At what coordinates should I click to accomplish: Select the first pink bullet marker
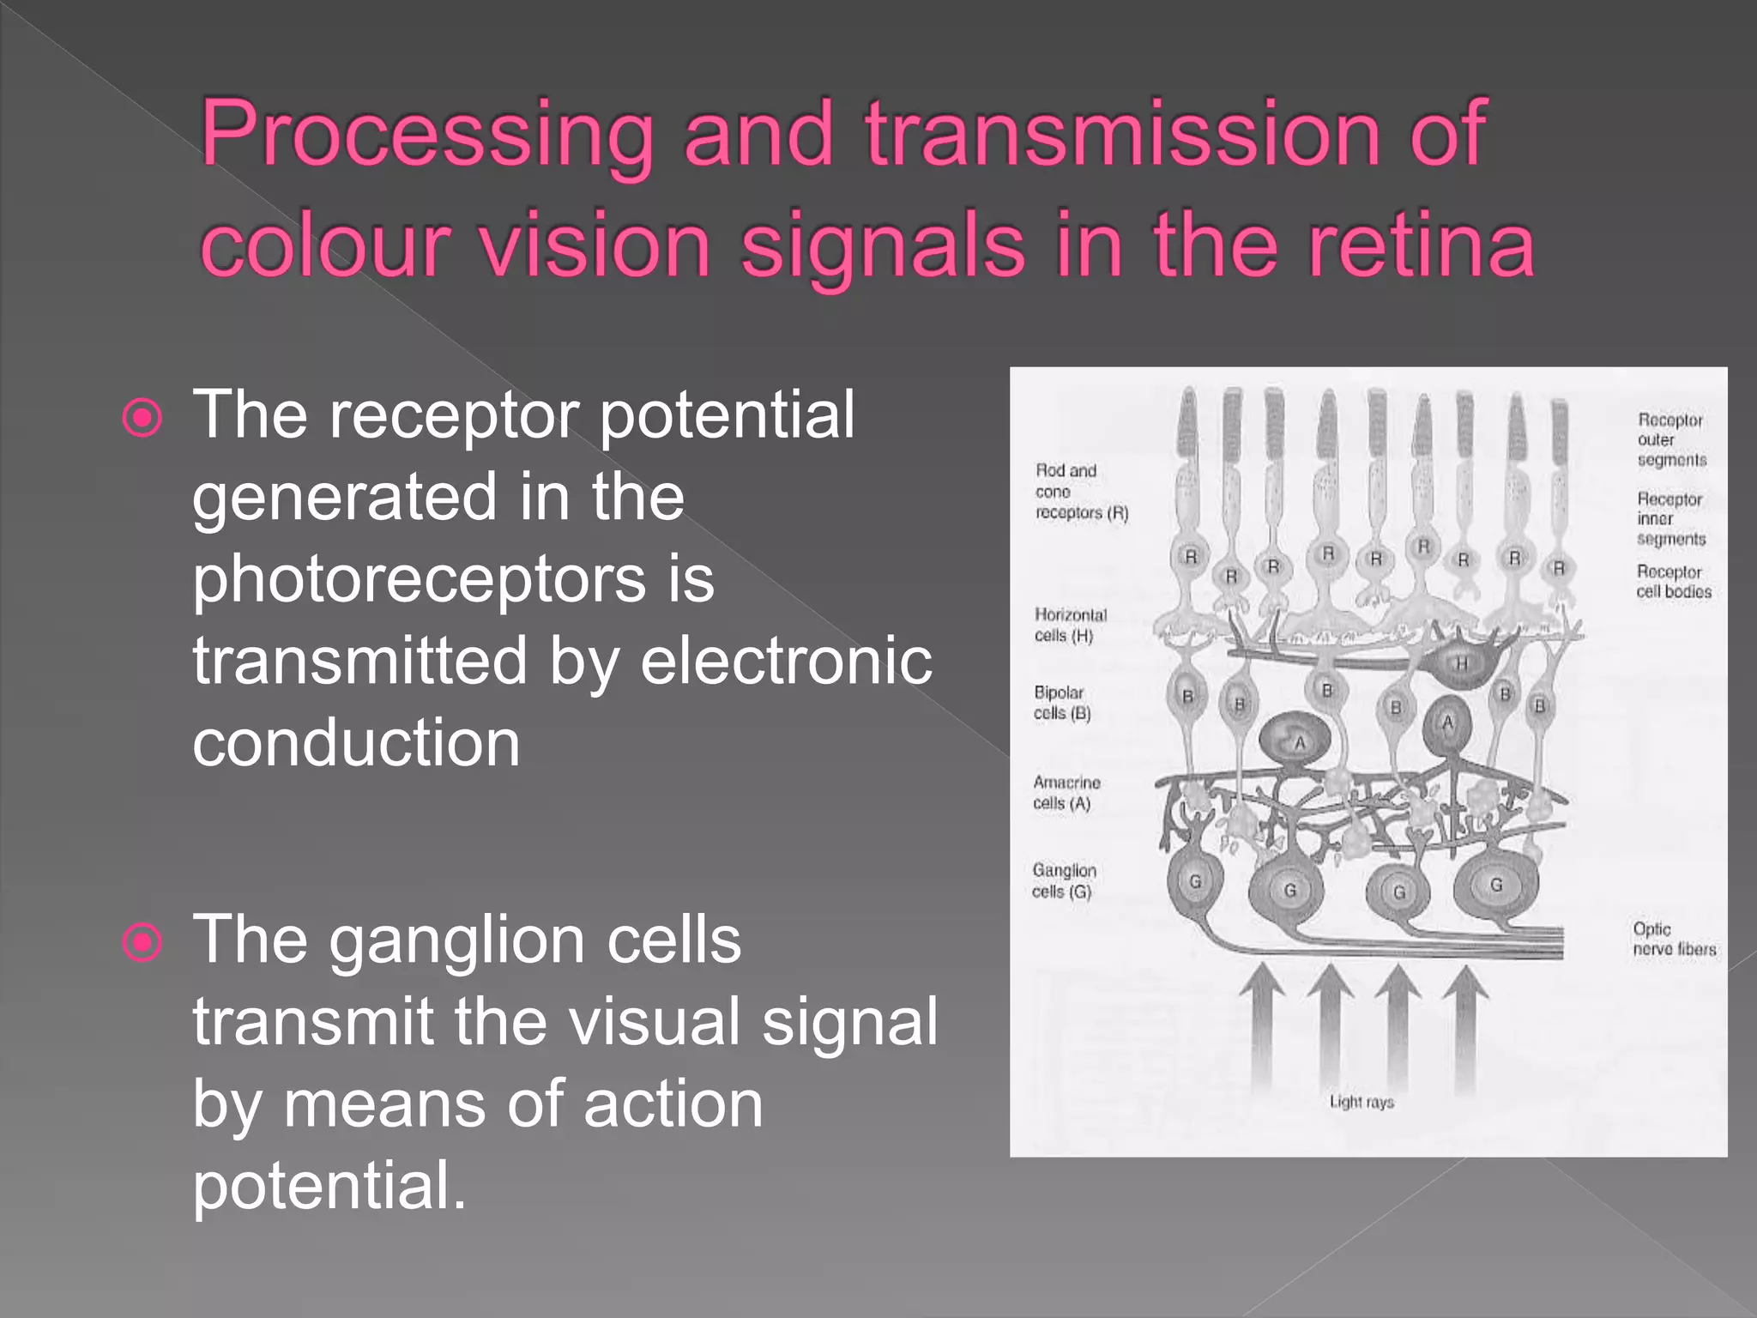[x=142, y=419]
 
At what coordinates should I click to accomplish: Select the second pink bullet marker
[x=142, y=942]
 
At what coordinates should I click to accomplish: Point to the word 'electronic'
[x=786, y=662]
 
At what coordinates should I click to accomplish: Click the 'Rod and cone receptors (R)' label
[x=1080, y=492]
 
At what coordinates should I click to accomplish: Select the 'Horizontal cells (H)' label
[x=1070, y=625]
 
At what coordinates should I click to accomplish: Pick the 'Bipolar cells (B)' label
[x=1061, y=703]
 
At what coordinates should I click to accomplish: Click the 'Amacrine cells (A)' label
[x=1066, y=793]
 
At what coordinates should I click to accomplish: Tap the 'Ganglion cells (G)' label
[x=1063, y=880]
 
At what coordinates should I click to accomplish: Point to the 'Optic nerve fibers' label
[x=1673, y=939]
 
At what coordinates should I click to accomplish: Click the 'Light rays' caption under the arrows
[x=1361, y=1102]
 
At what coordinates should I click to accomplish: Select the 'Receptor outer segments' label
[x=1670, y=439]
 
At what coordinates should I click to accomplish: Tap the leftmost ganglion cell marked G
[x=1195, y=882]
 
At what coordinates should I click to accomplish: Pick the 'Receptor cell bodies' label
[x=1672, y=582]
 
